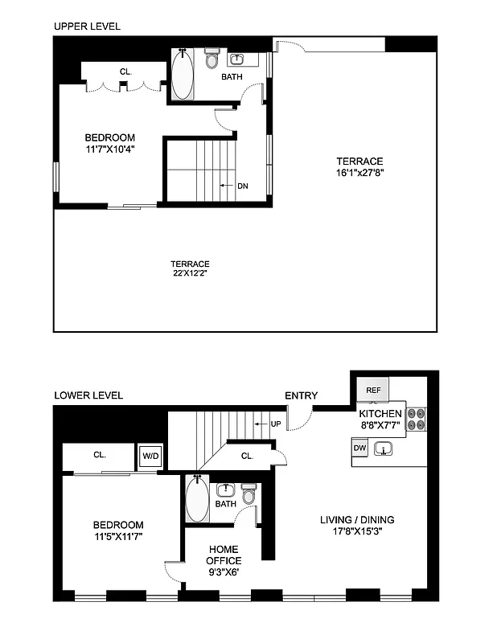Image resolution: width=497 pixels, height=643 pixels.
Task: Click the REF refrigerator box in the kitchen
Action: coord(372,390)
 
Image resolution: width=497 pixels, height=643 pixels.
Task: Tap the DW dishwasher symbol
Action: coord(359,448)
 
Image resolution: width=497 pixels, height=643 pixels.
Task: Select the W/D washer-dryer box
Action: coord(150,456)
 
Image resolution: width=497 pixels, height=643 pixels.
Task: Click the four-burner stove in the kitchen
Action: coord(416,420)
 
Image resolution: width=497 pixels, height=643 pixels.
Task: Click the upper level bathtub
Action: coord(183,76)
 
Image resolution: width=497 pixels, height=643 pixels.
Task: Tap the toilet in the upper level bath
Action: coord(212,60)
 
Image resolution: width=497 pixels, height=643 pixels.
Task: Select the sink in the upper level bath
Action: coord(238,59)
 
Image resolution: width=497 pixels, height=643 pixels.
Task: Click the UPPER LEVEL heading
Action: coord(87,27)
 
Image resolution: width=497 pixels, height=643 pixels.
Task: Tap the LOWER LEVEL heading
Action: coord(88,395)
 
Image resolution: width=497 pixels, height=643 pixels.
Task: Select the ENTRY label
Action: coord(301,395)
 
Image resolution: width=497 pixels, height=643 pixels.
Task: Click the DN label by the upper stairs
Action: coord(242,186)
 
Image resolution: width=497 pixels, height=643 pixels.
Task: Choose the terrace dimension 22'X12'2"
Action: coord(190,275)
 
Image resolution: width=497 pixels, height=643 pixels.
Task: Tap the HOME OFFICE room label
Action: coord(223,555)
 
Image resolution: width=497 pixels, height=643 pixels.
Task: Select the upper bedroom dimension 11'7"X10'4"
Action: coord(110,149)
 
